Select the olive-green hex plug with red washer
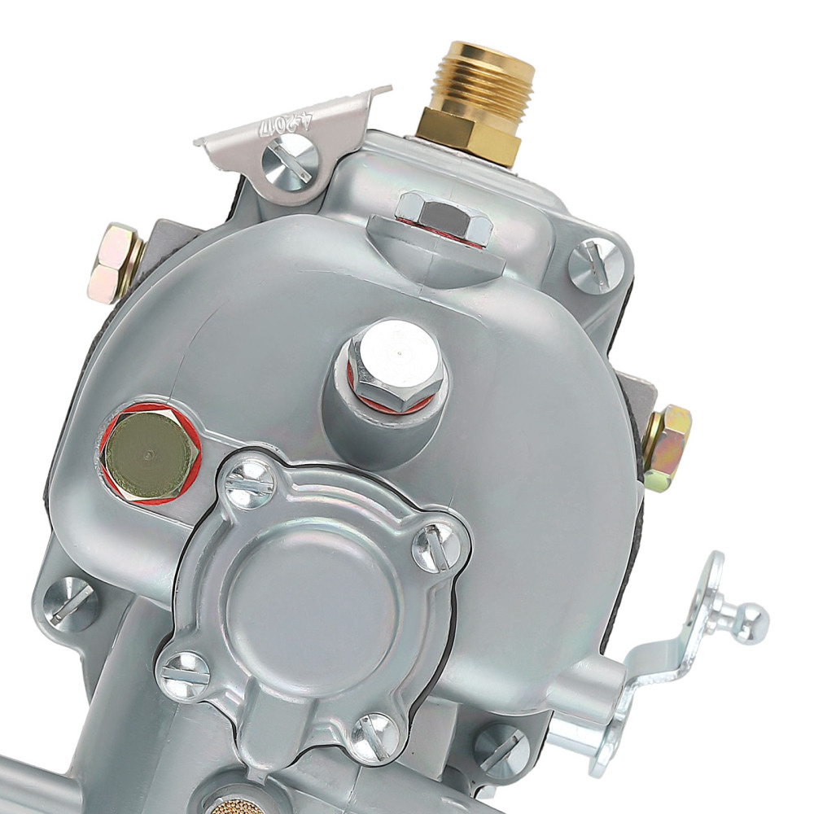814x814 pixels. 149,455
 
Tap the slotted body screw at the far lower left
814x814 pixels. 71,603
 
